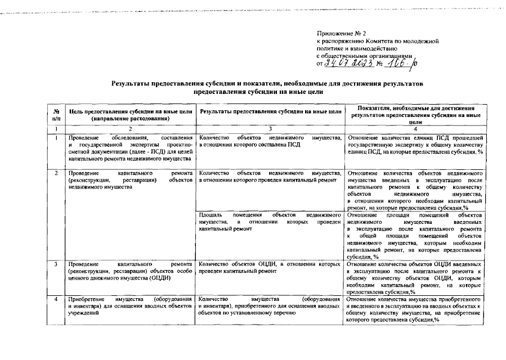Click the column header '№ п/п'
coord(56,115)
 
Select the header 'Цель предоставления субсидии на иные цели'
coord(129,115)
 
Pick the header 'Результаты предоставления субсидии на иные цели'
coord(270,111)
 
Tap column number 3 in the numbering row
coord(270,129)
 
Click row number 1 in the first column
coord(56,138)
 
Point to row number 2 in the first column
coord(56,173)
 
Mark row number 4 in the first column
coord(56,299)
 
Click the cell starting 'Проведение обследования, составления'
coord(129,148)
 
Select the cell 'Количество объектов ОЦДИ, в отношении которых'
coord(270,267)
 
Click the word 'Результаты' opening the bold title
coord(131,84)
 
